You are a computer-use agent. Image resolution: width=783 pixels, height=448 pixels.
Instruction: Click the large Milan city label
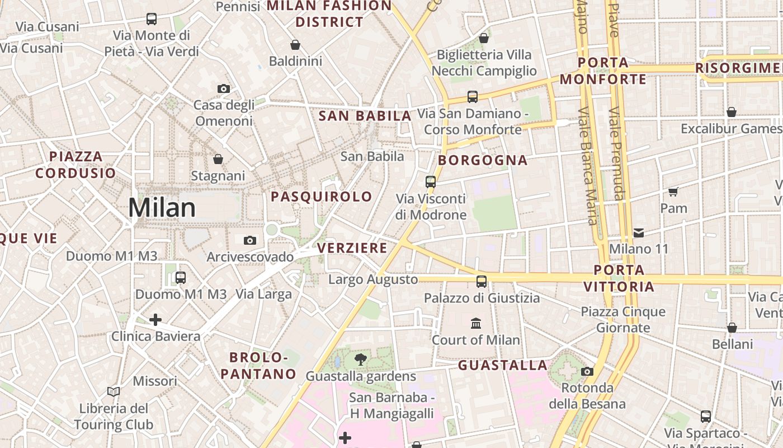click(x=162, y=208)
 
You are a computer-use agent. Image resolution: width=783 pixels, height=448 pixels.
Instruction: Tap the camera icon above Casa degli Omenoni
click(x=223, y=88)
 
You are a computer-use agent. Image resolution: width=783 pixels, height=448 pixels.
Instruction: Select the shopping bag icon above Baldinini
click(x=295, y=45)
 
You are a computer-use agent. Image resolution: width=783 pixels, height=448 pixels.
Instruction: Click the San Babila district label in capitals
click(x=365, y=116)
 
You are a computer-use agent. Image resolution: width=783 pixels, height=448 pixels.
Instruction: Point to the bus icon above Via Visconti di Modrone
click(x=430, y=181)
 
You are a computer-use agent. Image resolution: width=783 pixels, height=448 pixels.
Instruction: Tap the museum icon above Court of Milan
click(x=476, y=323)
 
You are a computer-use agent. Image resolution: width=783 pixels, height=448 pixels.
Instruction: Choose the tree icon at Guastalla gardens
click(x=361, y=360)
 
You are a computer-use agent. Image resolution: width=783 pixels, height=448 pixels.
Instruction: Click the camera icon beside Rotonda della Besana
click(x=587, y=371)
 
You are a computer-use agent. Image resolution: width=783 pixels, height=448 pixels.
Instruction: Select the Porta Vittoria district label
click(x=619, y=278)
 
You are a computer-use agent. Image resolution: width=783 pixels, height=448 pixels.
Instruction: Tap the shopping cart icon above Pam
click(x=673, y=192)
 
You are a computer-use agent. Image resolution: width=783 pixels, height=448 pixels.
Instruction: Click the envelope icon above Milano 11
click(x=639, y=232)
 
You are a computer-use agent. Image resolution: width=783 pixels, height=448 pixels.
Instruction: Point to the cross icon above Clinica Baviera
click(x=155, y=320)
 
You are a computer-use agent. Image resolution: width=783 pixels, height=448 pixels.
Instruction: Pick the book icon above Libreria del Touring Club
click(x=114, y=391)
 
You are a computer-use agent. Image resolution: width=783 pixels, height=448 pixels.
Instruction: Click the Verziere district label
click(x=352, y=248)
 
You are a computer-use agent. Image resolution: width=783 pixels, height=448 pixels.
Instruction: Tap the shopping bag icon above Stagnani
click(x=218, y=160)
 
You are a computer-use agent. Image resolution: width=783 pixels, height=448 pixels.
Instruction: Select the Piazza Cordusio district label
click(x=76, y=165)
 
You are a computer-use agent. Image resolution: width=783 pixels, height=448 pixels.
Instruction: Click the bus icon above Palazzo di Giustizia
click(x=482, y=281)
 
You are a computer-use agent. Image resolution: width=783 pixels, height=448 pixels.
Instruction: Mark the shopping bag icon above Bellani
click(x=732, y=328)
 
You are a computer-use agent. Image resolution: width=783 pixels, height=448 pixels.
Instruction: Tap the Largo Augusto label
click(x=373, y=279)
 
